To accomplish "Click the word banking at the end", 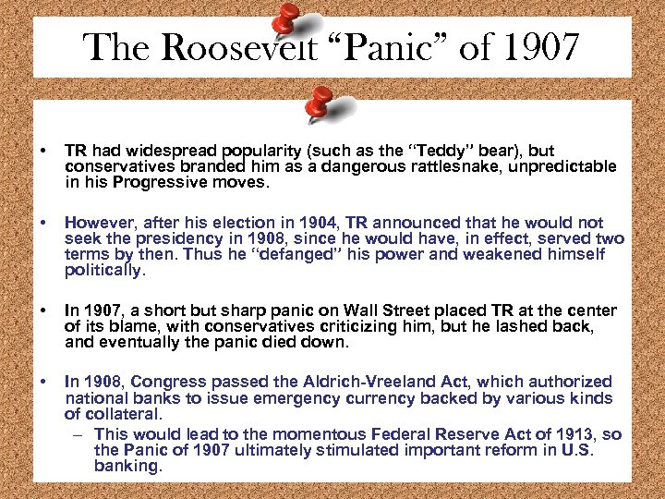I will point(128,466).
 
